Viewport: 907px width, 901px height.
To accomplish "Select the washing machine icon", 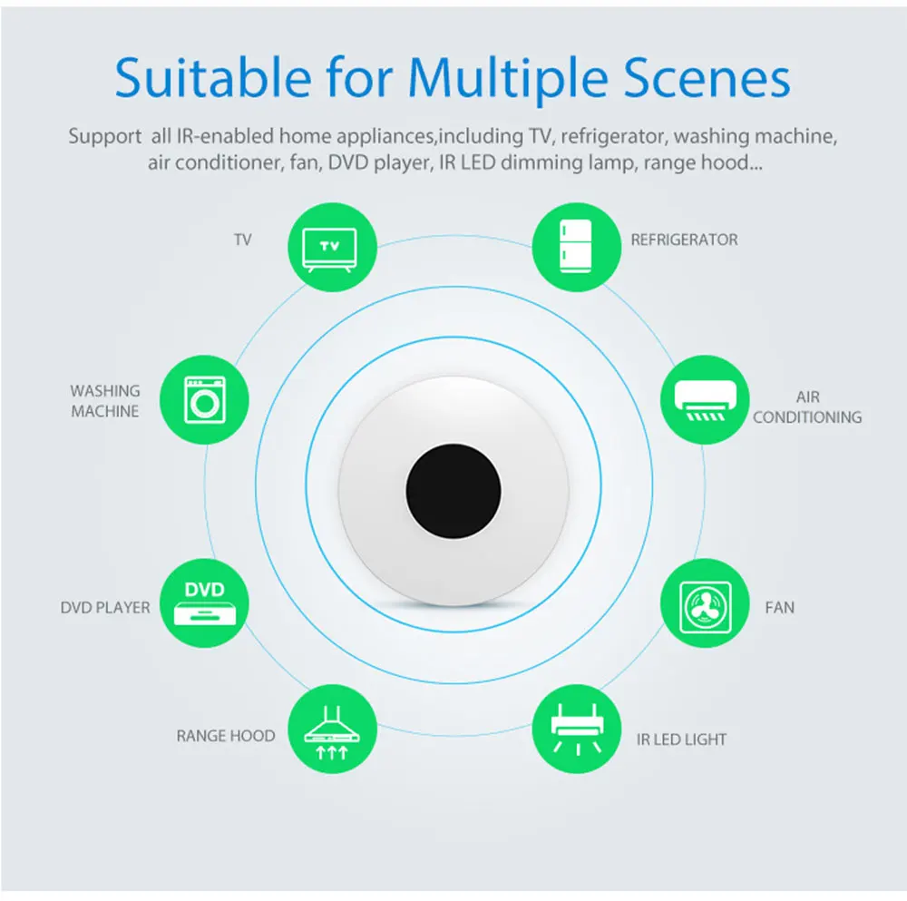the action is click(x=204, y=401).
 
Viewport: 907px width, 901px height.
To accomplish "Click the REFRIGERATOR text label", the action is click(x=684, y=240).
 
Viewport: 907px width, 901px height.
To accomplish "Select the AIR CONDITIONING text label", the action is click(x=807, y=407).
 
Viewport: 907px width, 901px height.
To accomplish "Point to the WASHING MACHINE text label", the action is click(x=105, y=401).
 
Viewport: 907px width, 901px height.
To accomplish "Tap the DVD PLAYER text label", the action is click(x=105, y=607).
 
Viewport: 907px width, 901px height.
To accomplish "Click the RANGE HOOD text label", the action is click(x=226, y=735).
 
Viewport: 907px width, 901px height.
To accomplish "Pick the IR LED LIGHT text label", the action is click(x=681, y=739).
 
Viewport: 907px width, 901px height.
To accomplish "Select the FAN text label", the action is click(x=779, y=607).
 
